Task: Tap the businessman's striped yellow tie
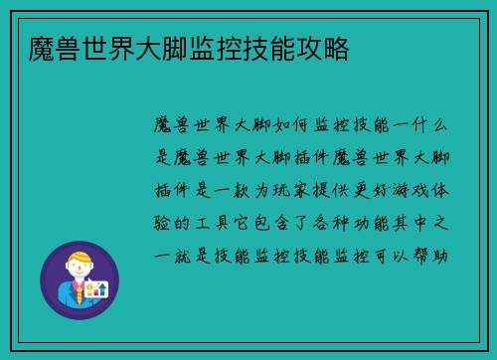(x=78, y=293)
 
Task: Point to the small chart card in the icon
(x=95, y=288)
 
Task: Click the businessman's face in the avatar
(x=79, y=270)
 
